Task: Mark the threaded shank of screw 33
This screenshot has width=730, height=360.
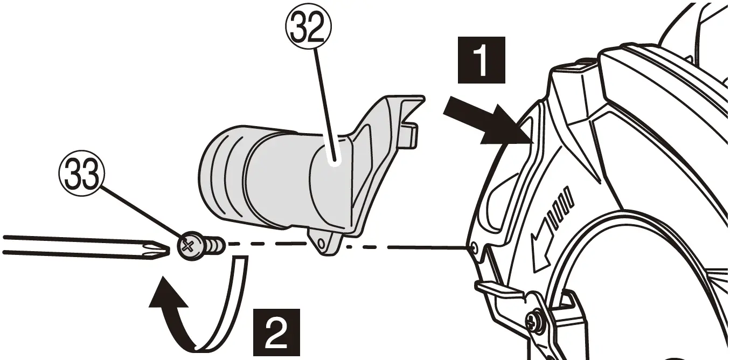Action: [x=214, y=246]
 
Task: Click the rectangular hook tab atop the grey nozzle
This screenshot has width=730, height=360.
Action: [x=411, y=134]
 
